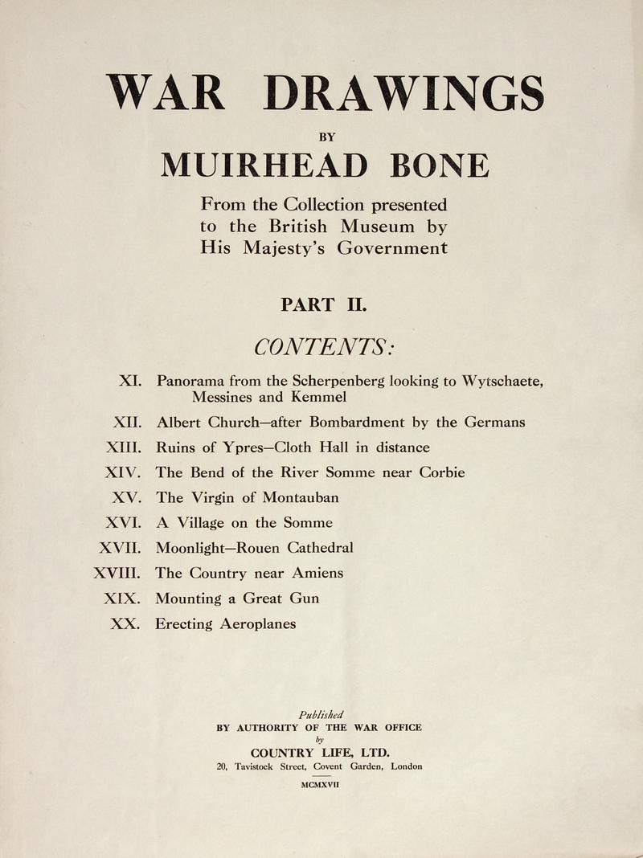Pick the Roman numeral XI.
131,381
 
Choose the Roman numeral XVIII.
118,573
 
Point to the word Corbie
440,472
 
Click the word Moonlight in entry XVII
192,548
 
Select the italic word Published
321,714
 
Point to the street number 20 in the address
223,766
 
